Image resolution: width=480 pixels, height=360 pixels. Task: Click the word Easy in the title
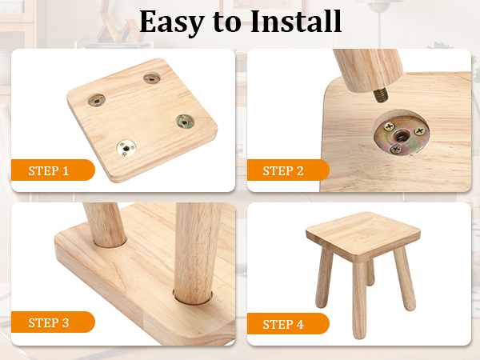(x=172, y=22)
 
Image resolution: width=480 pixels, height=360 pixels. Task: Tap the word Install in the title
(x=296, y=21)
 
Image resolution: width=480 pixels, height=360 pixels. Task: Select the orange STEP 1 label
(x=53, y=170)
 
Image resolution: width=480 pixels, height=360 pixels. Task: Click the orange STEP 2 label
(x=288, y=170)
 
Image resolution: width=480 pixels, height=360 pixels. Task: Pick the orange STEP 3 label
(x=53, y=322)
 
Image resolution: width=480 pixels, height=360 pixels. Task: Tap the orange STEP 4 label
(x=288, y=323)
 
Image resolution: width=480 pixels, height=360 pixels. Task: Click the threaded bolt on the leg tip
(x=381, y=95)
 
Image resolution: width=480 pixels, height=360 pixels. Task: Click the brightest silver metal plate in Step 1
(x=126, y=147)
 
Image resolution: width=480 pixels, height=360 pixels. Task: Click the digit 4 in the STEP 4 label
(x=300, y=324)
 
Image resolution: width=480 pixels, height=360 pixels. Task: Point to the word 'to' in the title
(x=227, y=22)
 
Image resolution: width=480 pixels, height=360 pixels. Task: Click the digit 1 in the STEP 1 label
(x=66, y=170)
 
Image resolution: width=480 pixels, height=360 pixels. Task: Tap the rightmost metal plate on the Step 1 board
(x=186, y=122)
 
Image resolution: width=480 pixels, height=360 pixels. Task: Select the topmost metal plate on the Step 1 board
(x=152, y=78)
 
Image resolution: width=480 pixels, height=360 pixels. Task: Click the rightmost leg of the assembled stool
(x=405, y=278)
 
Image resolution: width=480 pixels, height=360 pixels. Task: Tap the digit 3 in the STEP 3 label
(x=66, y=322)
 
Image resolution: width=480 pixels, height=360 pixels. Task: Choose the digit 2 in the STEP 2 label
(x=300, y=170)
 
